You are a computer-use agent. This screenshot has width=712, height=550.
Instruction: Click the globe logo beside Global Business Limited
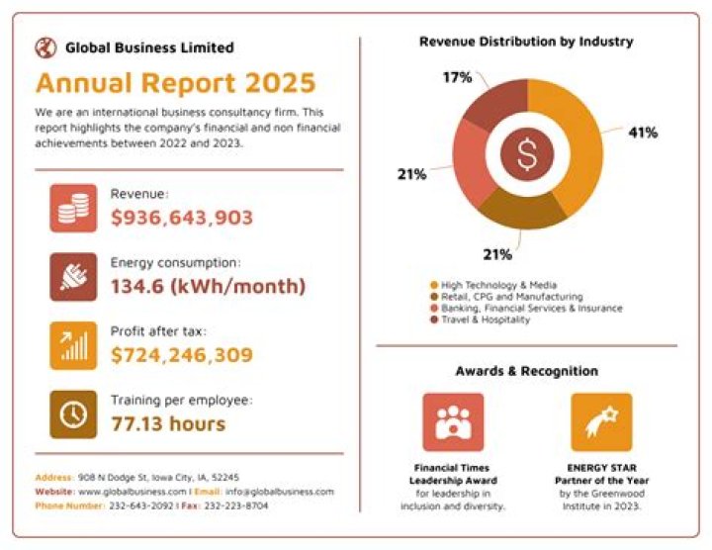[45, 46]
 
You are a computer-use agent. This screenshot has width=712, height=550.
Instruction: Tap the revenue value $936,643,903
[182, 218]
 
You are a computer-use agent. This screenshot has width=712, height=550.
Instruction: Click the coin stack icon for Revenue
[73, 208]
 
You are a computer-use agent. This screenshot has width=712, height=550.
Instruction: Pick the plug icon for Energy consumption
[73, 277]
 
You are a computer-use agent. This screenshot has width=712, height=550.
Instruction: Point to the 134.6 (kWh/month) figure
[208, 286]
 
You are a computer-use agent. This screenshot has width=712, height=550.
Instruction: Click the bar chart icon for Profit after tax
[73, 345]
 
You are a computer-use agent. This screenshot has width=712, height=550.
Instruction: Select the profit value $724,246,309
[182, 354]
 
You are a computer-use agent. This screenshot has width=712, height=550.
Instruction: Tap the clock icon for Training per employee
[73, 414]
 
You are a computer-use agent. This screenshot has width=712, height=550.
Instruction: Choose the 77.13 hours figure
[168, 423]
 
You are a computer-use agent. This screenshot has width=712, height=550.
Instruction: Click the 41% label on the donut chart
[642, 132]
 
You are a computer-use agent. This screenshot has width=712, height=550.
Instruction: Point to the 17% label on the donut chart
[457, 77]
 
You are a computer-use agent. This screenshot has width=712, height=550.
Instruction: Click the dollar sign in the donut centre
[526, 152]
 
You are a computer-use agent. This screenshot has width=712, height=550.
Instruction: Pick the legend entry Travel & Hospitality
[486, 320]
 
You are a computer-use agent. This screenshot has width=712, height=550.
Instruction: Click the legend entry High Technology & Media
[491, 284]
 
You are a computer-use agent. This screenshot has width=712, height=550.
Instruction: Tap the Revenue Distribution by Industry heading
[526, 42]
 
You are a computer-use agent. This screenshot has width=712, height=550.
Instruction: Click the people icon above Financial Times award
[453, 421]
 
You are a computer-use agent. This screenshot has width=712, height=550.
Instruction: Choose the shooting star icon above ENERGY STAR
[600, 421]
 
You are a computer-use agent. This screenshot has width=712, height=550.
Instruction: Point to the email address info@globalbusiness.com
[279, 491]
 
